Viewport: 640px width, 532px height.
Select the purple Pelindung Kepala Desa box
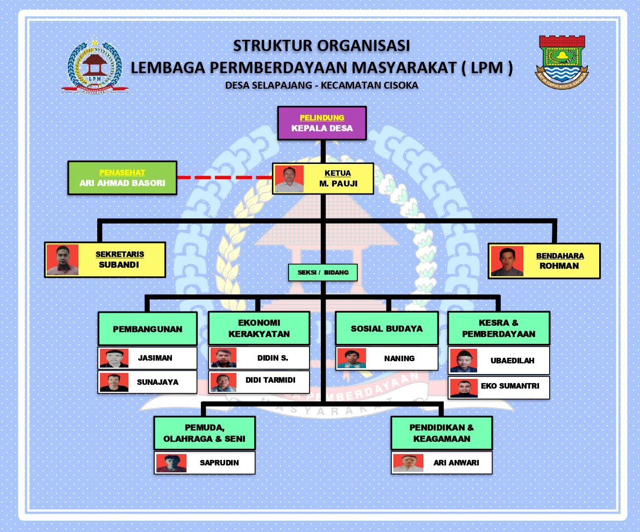(322, 123)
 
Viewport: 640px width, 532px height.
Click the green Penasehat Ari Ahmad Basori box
(122, 178)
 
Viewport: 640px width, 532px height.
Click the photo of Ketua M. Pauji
(289, 179)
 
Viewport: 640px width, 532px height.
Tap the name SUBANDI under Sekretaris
(119, 264)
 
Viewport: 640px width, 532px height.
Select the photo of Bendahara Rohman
(507, 261)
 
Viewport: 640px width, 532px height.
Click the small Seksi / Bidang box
(322, 272)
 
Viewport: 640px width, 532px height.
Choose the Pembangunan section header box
(147, 329)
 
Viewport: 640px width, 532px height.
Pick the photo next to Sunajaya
(114, 382)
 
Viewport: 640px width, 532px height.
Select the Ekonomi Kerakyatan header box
(259, 328)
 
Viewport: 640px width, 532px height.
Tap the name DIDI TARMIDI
(270, 380)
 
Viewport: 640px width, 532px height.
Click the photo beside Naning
(351, 358)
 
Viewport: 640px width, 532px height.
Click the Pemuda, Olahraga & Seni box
(204, 433)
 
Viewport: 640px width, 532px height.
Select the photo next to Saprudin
(171, 463)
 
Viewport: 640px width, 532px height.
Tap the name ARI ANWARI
(456, 462)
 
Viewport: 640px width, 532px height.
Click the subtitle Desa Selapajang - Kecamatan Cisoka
(321, 85)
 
